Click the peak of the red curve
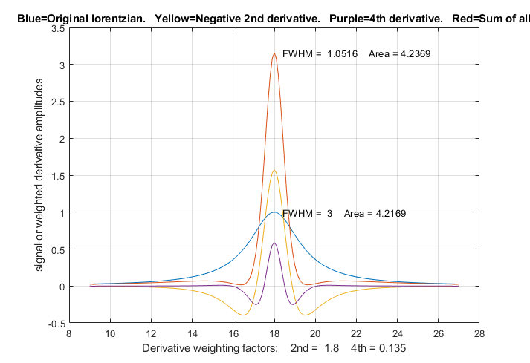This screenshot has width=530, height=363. tap(274, 53)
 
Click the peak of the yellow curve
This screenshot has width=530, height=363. tap(274, 170)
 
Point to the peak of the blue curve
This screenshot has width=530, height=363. tap(274, 212)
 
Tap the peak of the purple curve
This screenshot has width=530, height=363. tap(274, 243)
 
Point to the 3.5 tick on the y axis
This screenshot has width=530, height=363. tap(56, 27)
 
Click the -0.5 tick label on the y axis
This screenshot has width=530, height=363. tap(55, 323)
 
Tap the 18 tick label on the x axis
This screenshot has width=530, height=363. tap(274, 334)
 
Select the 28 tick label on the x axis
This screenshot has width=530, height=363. tap(479, 334)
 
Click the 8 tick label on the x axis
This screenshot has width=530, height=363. tap(69, 334)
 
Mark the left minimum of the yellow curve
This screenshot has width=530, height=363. tap(243, 315)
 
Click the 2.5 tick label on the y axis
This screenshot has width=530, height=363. tap(56, 102)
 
